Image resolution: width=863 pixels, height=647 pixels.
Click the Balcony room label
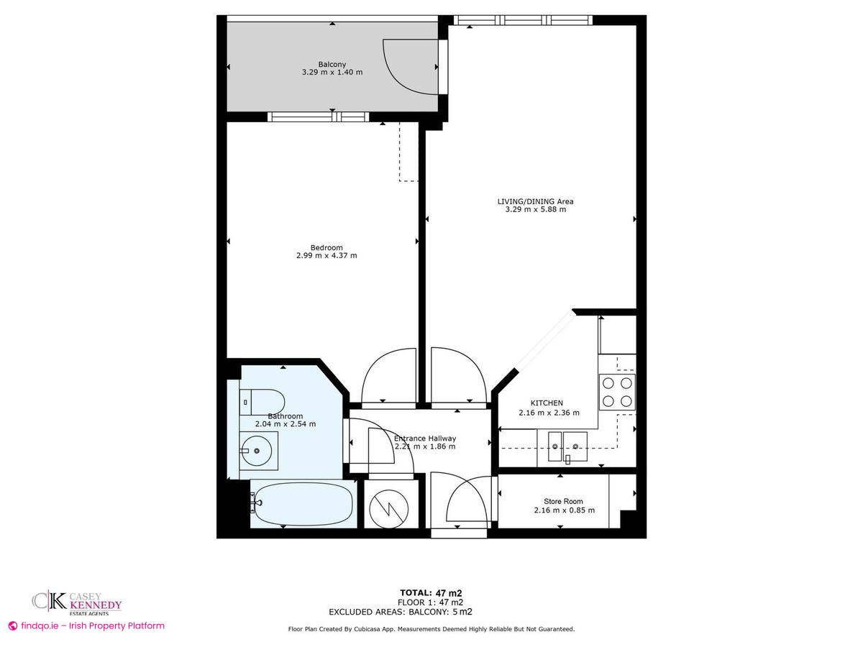tap(332, 64)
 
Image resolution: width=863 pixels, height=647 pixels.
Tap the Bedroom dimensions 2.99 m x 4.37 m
tap(327, 255)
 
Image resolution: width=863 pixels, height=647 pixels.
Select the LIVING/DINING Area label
tap(535, 201)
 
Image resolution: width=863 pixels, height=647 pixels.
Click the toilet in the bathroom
tap(262, 402)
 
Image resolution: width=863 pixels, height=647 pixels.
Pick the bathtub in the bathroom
tap(302, 504)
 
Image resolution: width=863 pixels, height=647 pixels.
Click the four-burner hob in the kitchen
tap(617, 392)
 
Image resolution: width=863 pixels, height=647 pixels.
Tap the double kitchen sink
tap(567, 446)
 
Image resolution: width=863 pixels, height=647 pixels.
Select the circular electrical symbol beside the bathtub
tap(389, 509)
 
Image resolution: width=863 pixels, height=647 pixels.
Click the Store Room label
tap(563, 501)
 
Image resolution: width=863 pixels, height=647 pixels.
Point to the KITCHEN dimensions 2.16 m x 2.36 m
tap(549, 413)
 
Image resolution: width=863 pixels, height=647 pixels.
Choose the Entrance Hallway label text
tap(425, 439)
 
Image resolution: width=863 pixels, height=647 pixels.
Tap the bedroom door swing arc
tap(373, 362)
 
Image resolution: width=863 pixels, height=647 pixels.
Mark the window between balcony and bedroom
tap(318, 116)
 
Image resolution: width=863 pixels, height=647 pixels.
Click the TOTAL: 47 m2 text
tap(431, 593)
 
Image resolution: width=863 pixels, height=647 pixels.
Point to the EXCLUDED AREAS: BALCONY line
tap(401, 612)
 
